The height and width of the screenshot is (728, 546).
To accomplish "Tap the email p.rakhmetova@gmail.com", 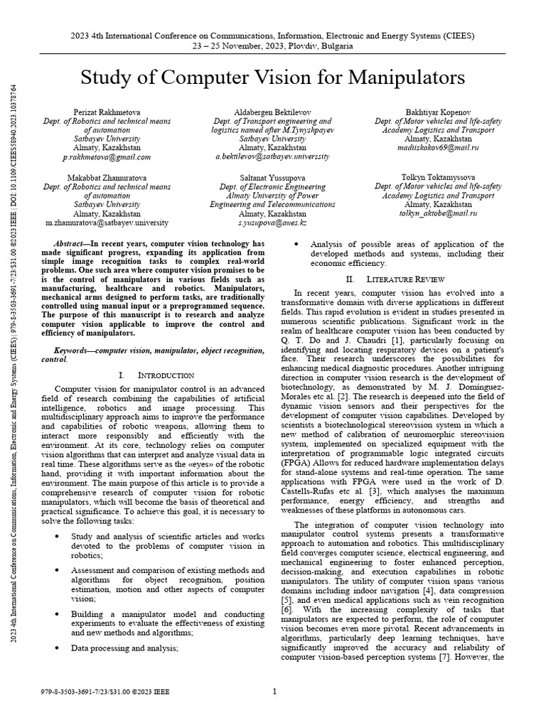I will [107, 157].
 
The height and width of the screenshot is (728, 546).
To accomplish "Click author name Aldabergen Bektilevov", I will [272, 113].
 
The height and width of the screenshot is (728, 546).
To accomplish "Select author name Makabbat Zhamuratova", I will [107, 177].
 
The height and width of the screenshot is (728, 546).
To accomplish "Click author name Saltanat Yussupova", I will [272, 177].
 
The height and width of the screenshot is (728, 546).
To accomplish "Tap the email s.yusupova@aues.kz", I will [272, 223].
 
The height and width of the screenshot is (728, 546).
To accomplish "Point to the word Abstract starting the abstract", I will [71, 243].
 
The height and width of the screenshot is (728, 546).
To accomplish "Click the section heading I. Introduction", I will [156, 375].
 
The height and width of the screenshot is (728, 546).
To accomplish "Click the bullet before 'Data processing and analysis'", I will [57, 648].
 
